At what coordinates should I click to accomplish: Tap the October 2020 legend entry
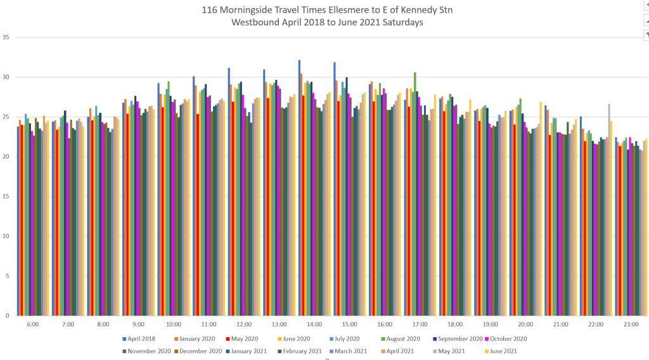507,338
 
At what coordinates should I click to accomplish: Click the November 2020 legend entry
147,350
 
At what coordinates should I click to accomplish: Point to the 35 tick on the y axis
6,37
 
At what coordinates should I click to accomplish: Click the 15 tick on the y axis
6,196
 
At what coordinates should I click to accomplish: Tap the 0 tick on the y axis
8,316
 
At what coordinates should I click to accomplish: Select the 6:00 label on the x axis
33,324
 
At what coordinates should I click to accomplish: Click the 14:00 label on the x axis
314,324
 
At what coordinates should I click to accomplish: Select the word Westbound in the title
256,22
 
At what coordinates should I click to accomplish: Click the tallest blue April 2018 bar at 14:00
299,190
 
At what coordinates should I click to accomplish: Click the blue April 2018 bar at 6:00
18,222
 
